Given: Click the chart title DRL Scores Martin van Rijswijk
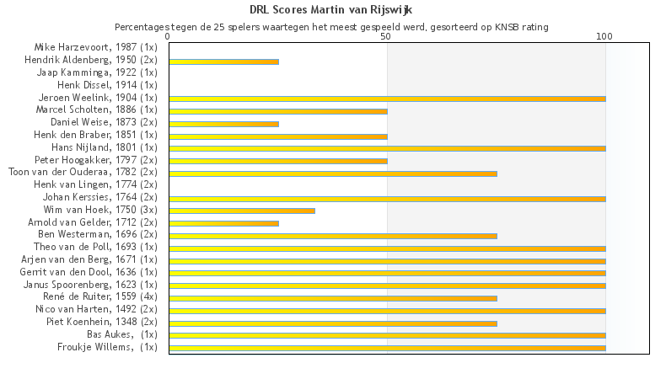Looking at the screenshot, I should [331, 10].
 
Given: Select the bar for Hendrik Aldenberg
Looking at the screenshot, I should [223, 61].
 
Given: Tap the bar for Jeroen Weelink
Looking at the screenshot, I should [387, 99].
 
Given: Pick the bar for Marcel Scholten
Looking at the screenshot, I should [278, 111].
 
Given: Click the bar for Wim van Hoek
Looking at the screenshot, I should [242, 211].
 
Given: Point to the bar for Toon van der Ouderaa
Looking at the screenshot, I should [333, 173].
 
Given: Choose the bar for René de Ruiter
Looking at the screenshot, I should [333, 298].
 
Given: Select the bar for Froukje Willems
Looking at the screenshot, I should [387, 348].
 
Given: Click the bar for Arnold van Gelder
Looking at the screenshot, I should [223, 223].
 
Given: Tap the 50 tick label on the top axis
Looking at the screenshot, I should [386, 37].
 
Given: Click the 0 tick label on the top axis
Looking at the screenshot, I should [169, 37].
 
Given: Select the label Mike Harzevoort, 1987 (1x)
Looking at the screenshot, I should [95, 47].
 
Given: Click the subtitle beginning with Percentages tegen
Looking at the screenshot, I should [331, 27].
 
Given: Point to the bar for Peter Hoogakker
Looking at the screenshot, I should [278, 161].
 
